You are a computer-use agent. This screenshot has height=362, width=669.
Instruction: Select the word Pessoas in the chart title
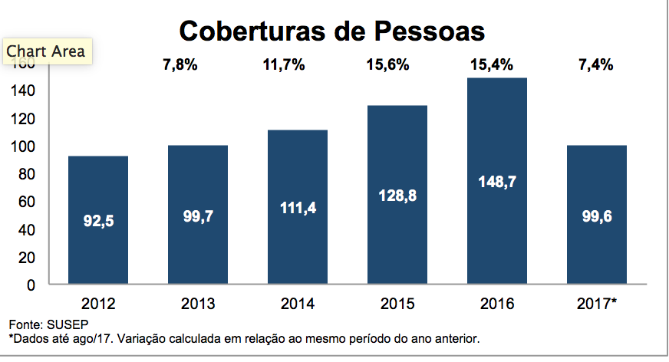(430, 31)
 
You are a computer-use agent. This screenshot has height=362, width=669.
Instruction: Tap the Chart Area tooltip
(45, 51)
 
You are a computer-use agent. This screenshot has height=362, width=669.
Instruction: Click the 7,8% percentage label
(180, 65)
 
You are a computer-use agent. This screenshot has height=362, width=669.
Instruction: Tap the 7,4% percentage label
(595, 65)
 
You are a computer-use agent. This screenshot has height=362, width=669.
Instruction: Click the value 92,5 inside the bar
(98, 221)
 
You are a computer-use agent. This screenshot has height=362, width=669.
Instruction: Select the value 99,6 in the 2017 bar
(597, 217)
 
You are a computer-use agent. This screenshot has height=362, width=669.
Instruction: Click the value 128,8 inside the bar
(397, 196)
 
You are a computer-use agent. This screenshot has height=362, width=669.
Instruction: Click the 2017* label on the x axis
(597, 303)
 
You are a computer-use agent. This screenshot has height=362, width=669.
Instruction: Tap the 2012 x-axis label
(98, 303)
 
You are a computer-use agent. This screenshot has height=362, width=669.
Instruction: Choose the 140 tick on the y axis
(26, 90)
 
